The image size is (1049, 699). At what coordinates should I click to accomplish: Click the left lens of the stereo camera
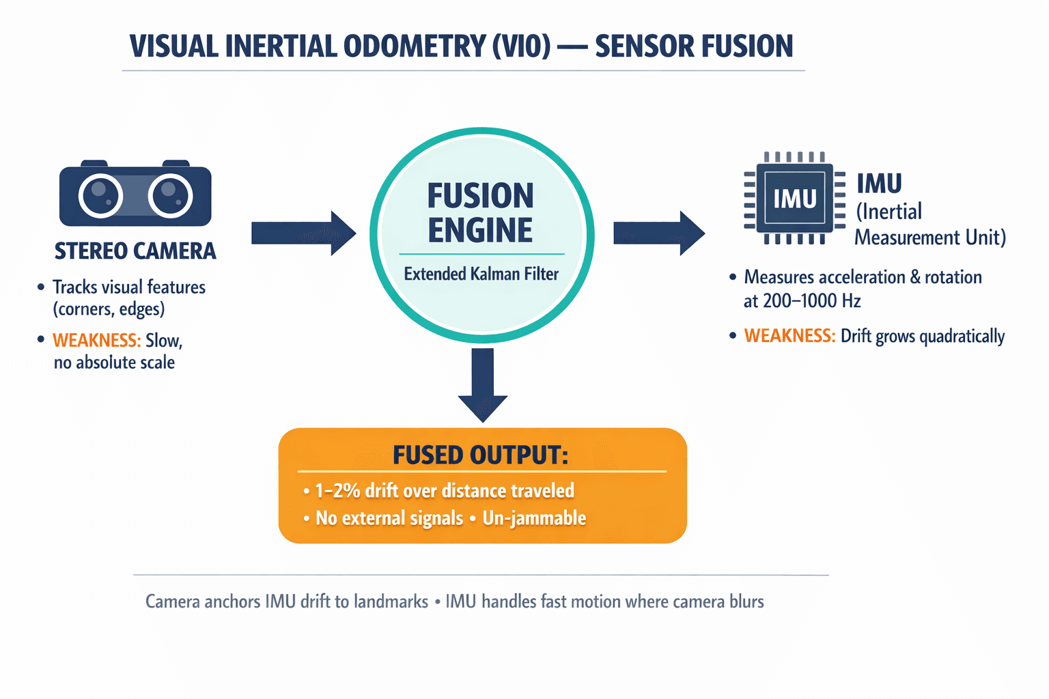coord(100,196)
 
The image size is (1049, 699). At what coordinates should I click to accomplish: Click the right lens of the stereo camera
coord(171,196)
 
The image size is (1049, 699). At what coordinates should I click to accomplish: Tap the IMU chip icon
coord(794,198)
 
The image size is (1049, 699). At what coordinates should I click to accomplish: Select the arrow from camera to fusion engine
coord(303,233)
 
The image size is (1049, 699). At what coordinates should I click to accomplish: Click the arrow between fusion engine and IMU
coord(658,233)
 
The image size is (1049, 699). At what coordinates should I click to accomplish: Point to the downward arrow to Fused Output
coord(483,384)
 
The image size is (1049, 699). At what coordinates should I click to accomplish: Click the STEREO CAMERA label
coord(135,251)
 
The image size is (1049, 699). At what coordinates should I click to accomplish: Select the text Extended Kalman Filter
coord(481,274)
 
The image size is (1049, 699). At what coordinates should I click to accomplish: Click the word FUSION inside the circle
coord(480,196)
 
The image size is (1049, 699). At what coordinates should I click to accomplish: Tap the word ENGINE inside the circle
coord(480,230)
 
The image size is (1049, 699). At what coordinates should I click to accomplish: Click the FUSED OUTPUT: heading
coord(480,455)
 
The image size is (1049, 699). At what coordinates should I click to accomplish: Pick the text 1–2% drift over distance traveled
coord(444,490)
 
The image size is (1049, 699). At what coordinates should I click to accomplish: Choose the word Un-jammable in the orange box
coord(534,518)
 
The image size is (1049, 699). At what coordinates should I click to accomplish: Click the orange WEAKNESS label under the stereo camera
coord(96,340)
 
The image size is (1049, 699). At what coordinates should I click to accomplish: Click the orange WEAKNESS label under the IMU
coord(789,336)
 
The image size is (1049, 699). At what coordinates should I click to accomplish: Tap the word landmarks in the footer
coord(391,601)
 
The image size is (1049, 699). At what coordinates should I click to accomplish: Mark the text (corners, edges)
coord(109,309)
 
